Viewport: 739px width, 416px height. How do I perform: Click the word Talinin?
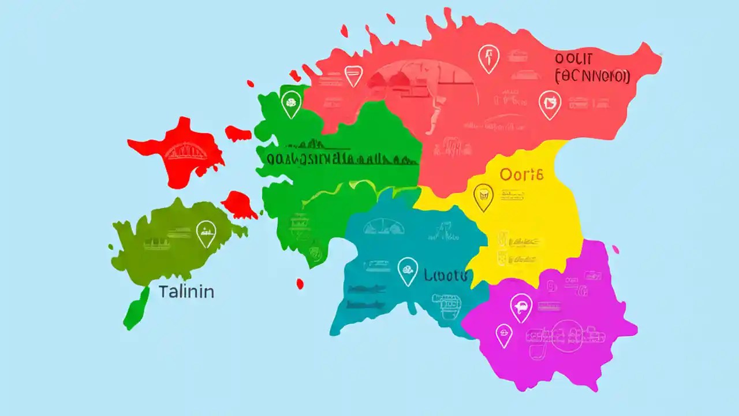coord(186,292)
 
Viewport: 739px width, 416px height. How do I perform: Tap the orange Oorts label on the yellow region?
coord(521,175)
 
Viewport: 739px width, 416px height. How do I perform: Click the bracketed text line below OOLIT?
coord(592,76)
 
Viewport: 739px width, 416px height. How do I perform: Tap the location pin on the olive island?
coord(206,233)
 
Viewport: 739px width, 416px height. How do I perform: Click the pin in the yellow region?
coord(483,196)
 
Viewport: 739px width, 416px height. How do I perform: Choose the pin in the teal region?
coord(408,270)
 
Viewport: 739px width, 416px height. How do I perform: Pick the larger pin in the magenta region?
coord(521,307)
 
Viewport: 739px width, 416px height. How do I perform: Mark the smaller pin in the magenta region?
coord(504,335)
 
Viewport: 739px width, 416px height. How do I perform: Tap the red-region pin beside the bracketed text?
coord(550,105)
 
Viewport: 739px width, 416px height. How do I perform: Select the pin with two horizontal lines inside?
coord(353,75)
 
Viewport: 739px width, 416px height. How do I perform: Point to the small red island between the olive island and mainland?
coord(240,205)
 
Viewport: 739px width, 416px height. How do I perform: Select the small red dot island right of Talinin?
coord(300,284)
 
